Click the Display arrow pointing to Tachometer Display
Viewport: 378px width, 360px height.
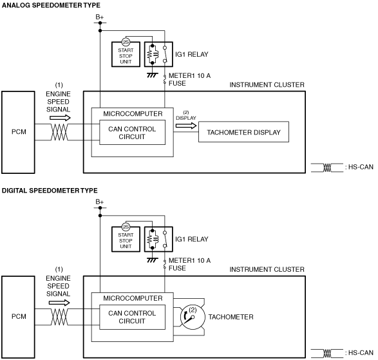186,126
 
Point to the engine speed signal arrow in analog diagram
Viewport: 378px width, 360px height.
60,118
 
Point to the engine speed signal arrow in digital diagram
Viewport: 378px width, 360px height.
59,303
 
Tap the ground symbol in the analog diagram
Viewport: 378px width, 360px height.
153,75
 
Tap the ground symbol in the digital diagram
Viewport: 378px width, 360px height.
153,260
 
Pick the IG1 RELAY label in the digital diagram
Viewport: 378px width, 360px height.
192,239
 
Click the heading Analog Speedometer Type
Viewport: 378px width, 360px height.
51,5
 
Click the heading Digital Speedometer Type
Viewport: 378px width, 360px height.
50,191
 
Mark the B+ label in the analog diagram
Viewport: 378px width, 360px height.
100,17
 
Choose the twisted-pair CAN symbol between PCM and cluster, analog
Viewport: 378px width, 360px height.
59,132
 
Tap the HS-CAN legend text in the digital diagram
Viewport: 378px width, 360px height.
359,353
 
